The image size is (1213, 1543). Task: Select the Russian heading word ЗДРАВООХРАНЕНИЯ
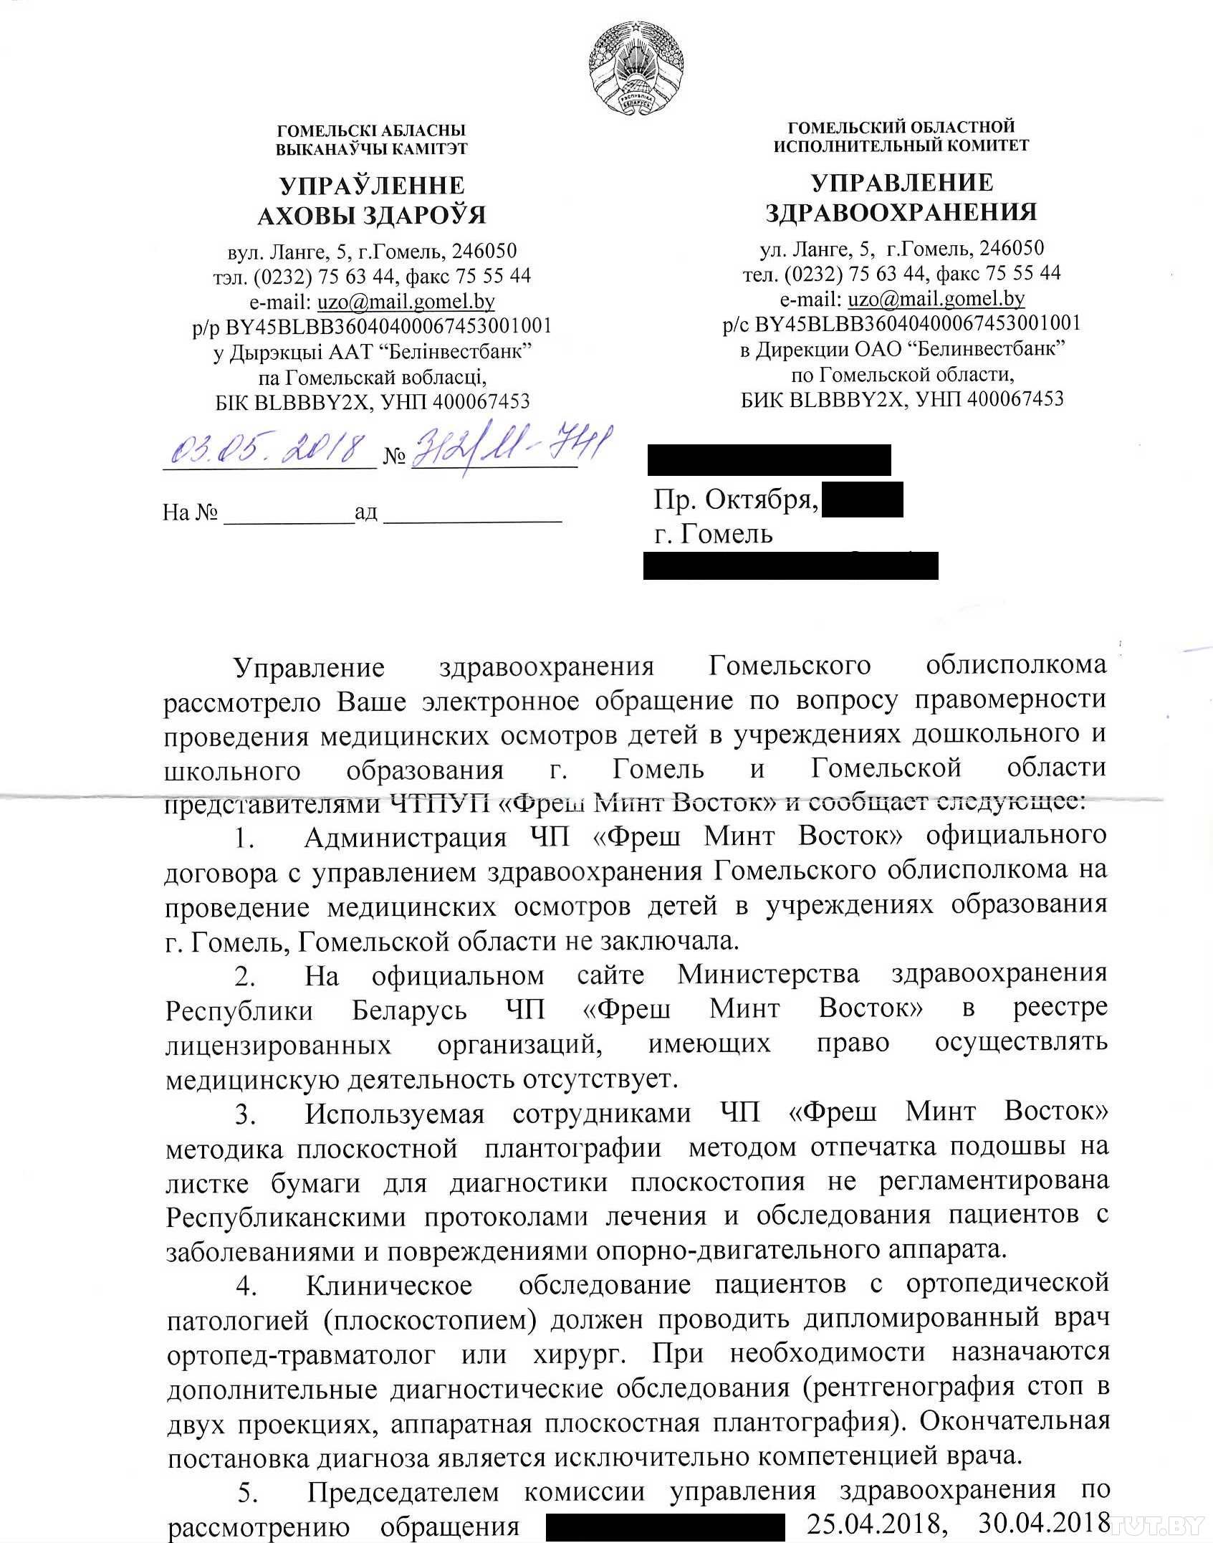click(901, 212)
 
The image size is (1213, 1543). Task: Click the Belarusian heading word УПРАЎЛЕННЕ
click(372, 186)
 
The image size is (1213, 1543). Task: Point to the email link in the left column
click(406, 301)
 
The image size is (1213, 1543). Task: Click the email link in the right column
click(936, 298)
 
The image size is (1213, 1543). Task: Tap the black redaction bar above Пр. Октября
click(769, 460)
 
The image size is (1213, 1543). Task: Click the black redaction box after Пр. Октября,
click(862, 500)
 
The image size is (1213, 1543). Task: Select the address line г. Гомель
click(714, 534)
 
